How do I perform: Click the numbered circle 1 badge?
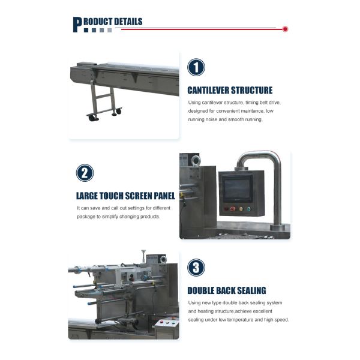[x=196, y=67]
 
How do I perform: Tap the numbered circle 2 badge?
[x=85, y=173]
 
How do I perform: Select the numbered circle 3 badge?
[x=196, y=268]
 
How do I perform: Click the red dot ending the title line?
[x=285, y=28]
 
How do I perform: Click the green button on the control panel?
[x=241, y=209]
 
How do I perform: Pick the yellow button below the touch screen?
[x=248, y=209]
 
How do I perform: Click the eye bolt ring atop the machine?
[x=196, y=160]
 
